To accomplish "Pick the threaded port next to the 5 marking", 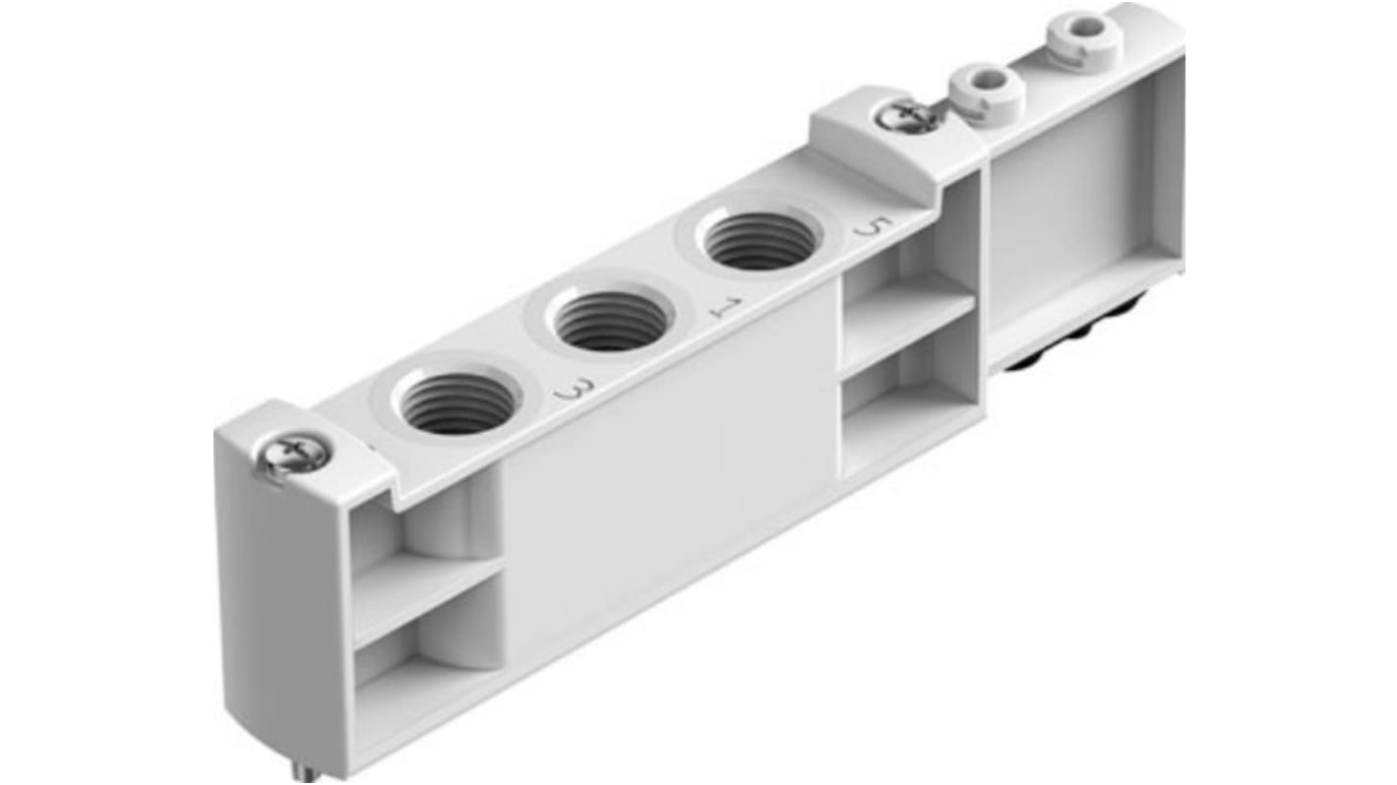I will point(760,241).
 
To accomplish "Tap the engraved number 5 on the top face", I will point(868,228).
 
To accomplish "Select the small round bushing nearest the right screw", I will point(986,91).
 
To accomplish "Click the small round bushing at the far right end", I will point(1084,35).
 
